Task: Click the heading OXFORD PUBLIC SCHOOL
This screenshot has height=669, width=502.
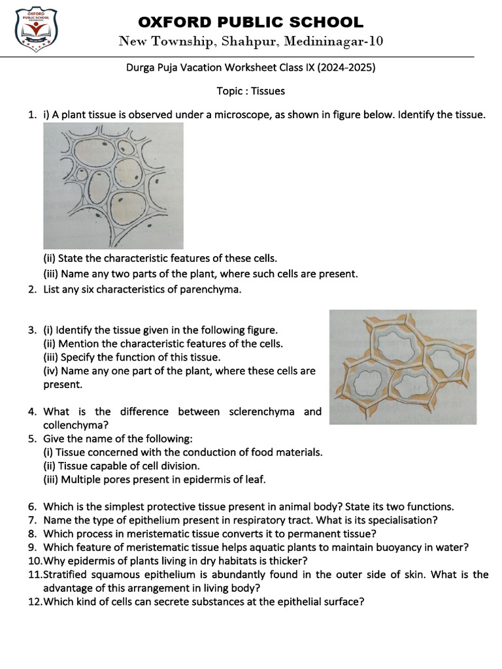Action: click(x=250, y=22)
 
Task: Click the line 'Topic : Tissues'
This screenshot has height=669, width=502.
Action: click(x=250, y=91)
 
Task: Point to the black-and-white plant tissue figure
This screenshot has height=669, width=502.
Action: click(x=113, y=186)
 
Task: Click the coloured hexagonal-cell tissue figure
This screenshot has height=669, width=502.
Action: click(x=403, y=367)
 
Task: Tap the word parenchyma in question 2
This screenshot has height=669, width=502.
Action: click(x=214, y=289)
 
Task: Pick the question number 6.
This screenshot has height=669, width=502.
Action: click(x=32, y=506)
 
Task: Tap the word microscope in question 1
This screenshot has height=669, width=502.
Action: click(x=228, y=114)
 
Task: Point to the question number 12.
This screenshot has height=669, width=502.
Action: click(x=34, y=602)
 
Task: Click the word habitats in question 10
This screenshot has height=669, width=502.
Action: click(x=240, y=561)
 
